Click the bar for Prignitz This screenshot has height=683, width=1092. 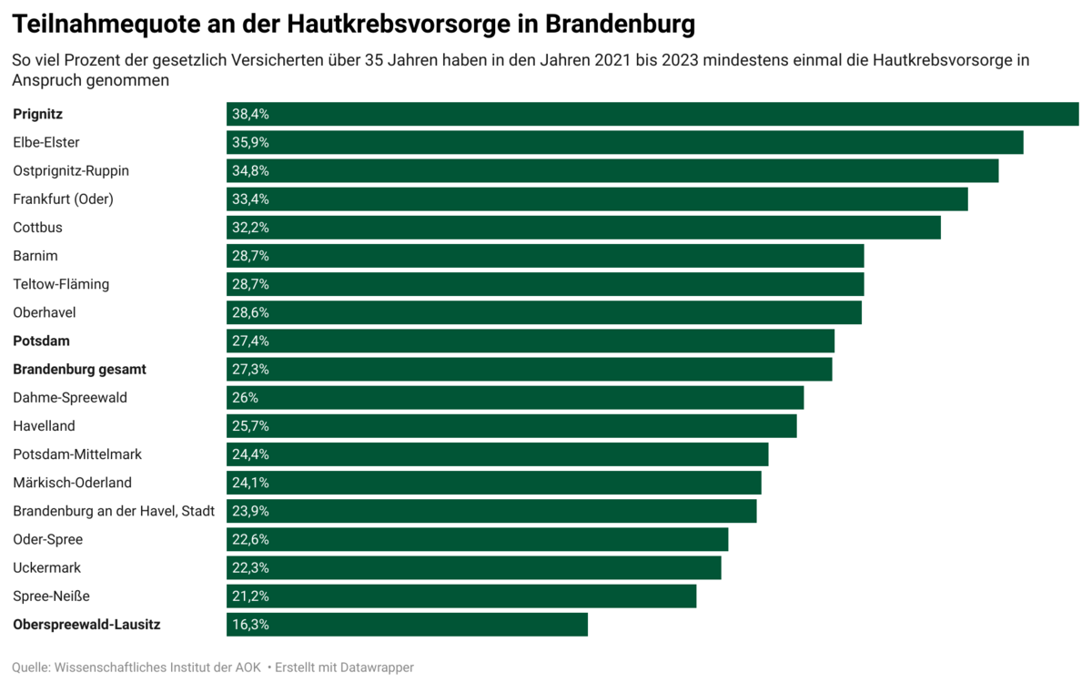point(652,114)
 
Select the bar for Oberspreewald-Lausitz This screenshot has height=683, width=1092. point(407,625)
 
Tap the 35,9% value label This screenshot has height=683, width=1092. point(250,143)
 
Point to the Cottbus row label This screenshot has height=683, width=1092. point(37,228)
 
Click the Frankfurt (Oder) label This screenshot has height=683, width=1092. point(63,199)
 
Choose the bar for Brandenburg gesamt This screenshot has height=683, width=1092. point(529,370)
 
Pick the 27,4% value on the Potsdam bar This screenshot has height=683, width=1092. point(250,341)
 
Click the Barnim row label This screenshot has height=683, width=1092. point(35,256)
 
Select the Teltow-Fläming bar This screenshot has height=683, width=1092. point(545,284)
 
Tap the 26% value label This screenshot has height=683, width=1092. point(245,398)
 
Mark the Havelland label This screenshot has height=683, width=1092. point(44,426)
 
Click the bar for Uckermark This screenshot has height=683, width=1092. point(473,568)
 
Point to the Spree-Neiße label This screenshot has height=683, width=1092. point(51,596)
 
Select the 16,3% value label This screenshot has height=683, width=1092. point(250,625)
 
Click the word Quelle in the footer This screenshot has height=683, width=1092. point(31,668)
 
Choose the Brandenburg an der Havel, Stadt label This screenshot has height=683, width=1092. point(114,511)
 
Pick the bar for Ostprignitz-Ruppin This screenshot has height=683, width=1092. point(612,171)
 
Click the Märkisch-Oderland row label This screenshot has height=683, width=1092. point(72,483)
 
